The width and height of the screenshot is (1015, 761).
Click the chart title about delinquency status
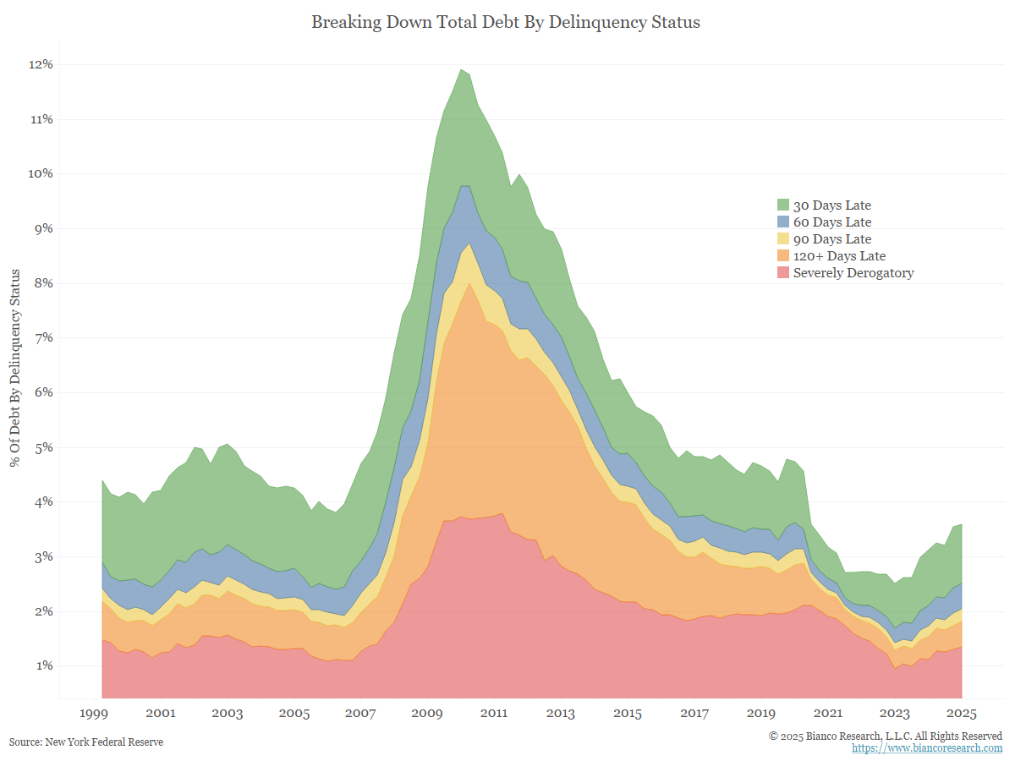506,23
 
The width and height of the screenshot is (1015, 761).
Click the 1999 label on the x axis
94,714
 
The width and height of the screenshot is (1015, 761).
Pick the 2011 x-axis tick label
493,714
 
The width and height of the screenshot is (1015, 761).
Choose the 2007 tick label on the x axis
360,714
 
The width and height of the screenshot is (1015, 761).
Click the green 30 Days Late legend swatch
783,205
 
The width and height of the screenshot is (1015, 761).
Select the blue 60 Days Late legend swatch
783,222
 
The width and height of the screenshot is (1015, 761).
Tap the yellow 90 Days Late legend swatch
783,239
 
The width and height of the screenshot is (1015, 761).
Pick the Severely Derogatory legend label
853,273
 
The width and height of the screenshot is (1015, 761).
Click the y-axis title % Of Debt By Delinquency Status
15,367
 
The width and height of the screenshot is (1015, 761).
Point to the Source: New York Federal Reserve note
86,742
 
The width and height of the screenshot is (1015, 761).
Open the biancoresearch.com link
927,748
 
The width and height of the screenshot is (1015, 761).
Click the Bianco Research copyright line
886,736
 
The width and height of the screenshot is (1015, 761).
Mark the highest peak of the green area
461,70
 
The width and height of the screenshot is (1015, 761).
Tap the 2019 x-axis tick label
761,714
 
